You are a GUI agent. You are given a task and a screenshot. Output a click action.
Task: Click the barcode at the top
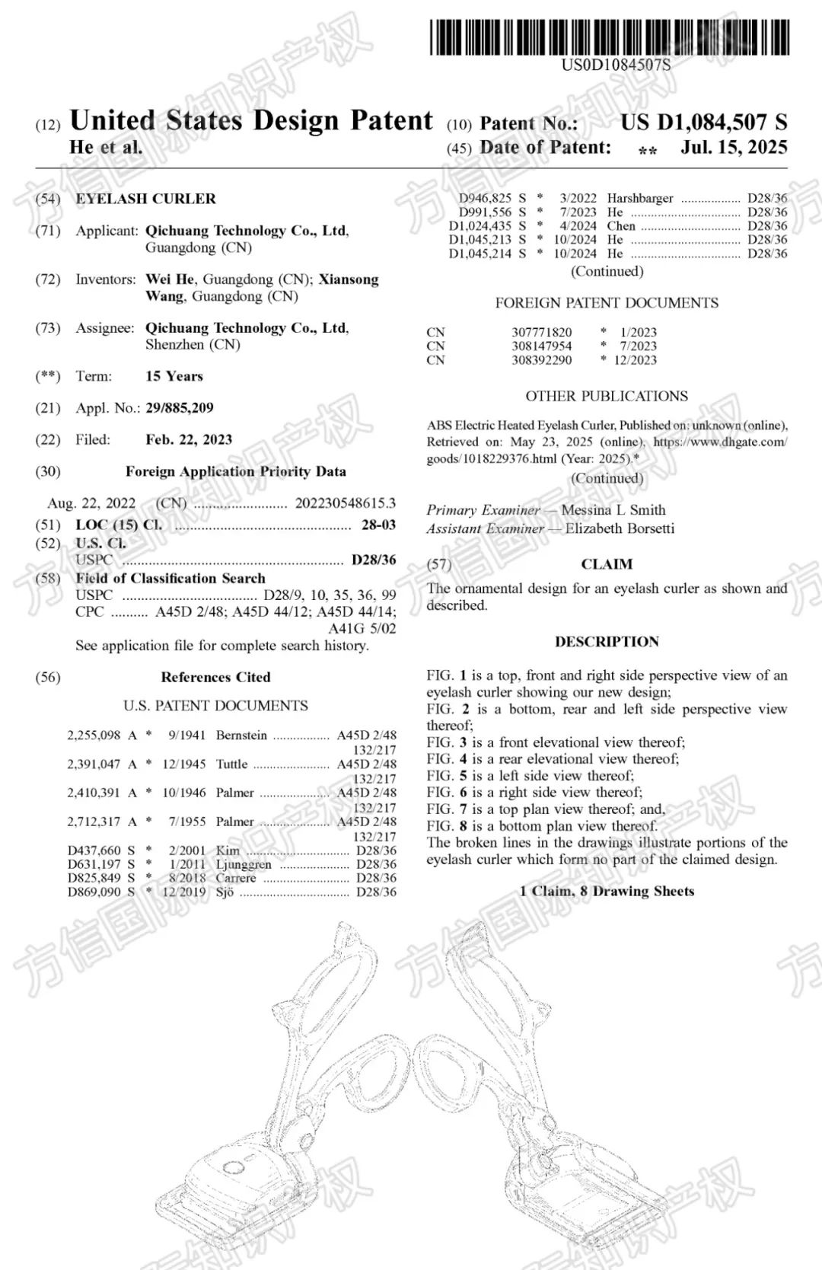pos(609,37)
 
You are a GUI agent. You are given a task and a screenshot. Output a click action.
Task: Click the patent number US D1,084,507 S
pos(703,122)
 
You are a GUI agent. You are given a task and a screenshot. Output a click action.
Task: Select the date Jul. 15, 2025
pos(734,147)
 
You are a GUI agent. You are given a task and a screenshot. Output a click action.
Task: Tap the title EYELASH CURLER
pos(145,199)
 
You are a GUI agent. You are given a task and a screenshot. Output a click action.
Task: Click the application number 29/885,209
pos(180,408)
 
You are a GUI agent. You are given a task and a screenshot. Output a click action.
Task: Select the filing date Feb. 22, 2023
pos(189,440)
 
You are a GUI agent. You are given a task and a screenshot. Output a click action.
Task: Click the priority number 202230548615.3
pos(345,503)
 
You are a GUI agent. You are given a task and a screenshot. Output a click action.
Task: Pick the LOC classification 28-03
pos(378,525)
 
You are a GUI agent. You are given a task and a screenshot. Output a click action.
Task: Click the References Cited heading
pos(215,677)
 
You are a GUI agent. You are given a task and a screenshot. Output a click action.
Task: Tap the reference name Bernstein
pos(241,736)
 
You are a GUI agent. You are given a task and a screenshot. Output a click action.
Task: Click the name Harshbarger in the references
pos(640,199)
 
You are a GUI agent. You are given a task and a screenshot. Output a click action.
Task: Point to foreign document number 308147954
pos(541,346)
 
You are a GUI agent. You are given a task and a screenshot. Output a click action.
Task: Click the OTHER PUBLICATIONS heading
pos(607,396)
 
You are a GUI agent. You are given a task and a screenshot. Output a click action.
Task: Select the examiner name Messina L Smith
pos(613,510)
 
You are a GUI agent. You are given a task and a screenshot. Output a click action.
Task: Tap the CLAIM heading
pos(607,564)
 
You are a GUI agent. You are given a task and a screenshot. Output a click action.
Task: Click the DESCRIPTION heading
pos(607,642)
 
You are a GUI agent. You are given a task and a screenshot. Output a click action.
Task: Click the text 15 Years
pos(174,376)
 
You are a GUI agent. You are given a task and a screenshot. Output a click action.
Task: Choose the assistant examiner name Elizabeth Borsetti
pos(620,528)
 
